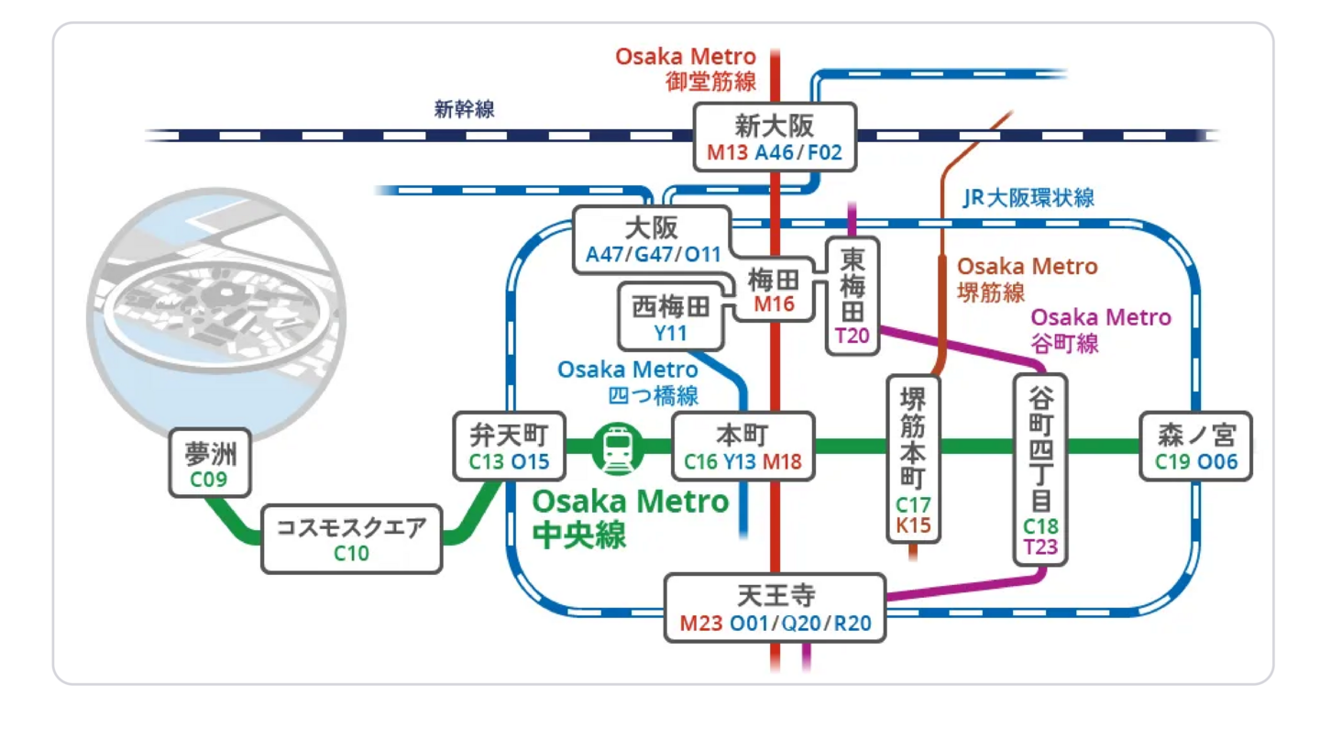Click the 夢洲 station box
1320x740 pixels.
point(210,464)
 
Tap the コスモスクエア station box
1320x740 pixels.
point(351,539)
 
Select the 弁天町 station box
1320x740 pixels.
point(509,447)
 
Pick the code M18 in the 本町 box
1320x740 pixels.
point(782,462)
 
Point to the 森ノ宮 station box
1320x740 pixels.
point(1195,447)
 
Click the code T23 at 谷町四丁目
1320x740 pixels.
point(1040,547)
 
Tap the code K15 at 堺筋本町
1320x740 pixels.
point(913,526)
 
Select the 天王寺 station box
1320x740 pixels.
point(775,608)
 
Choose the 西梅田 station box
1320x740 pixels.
point(671,317)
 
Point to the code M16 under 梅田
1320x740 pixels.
point(774,304)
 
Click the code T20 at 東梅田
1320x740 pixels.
point(852,336)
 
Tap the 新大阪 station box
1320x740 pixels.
point(774,137)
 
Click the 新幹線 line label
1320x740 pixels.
point(464,110)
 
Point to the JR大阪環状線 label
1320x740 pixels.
point(1028,198)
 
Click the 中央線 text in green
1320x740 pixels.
point(579,535)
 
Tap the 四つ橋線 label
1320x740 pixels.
point(653,396)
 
